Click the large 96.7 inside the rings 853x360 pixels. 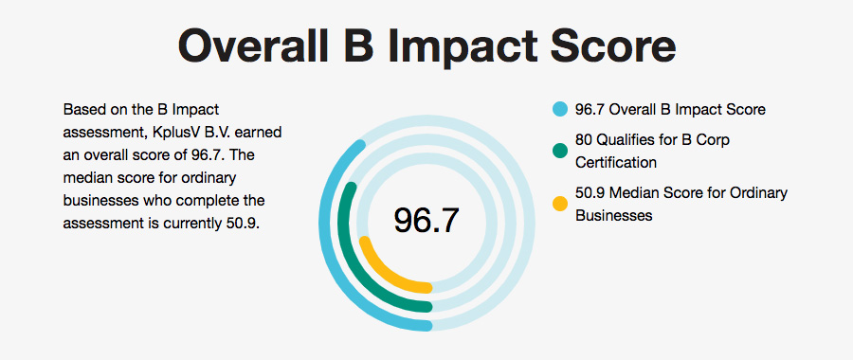pos(426,220)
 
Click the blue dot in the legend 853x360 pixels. pos(559,110)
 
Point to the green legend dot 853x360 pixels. pos(559,151)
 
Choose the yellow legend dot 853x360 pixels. pos(559,203)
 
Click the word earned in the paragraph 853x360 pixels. pos(259,132)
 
